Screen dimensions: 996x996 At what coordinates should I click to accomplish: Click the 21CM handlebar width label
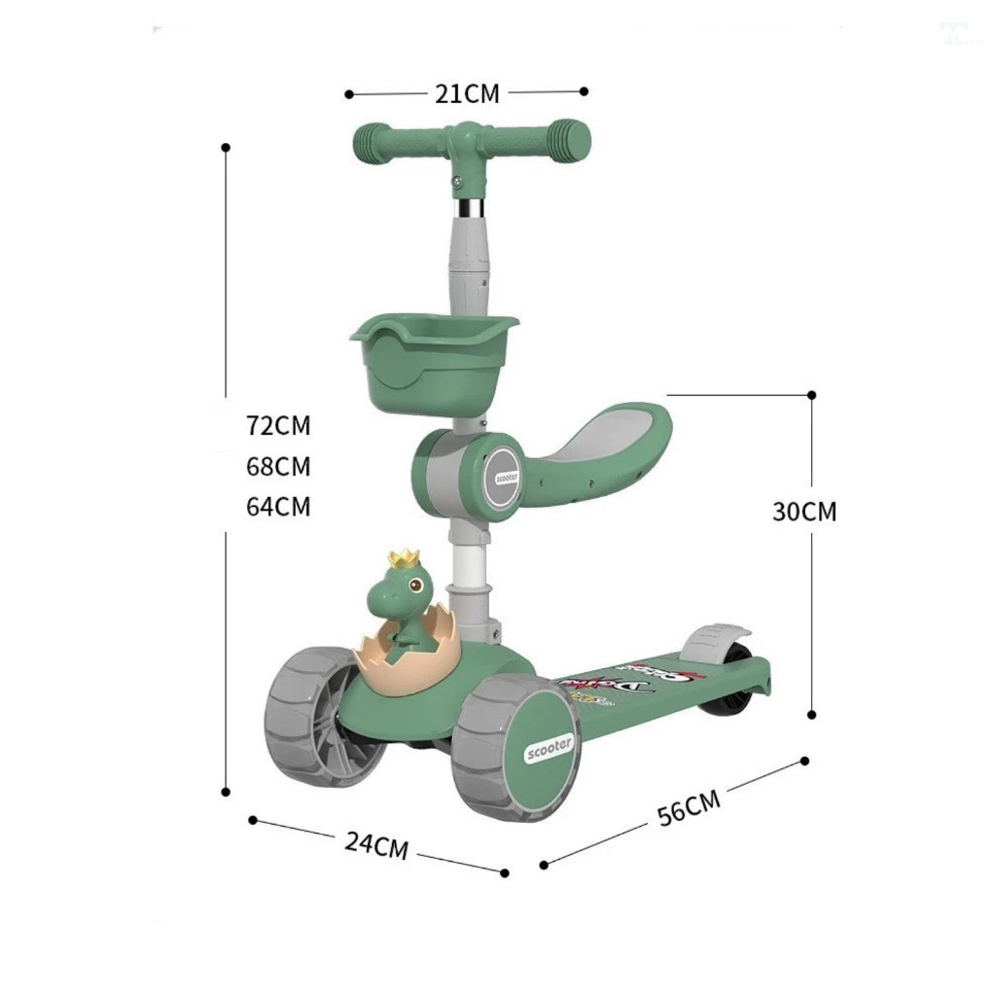point(466,93)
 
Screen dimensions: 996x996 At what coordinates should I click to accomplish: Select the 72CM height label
point(278,425)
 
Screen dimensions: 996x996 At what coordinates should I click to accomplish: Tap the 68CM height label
point(278,466)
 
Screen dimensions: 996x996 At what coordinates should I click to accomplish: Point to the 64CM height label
point(278,507)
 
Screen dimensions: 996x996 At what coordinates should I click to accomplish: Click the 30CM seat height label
point(804,512)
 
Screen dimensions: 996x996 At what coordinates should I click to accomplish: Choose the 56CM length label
point(689,807)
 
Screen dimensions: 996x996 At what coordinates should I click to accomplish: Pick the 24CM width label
point(376,844)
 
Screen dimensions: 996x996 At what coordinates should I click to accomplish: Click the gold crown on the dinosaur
point(402,559)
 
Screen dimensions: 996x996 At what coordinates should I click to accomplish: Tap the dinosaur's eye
point(415,587)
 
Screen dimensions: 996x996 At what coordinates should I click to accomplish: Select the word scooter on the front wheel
point(550,747)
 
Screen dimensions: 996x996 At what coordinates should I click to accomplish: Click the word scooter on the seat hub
point(507,478)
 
